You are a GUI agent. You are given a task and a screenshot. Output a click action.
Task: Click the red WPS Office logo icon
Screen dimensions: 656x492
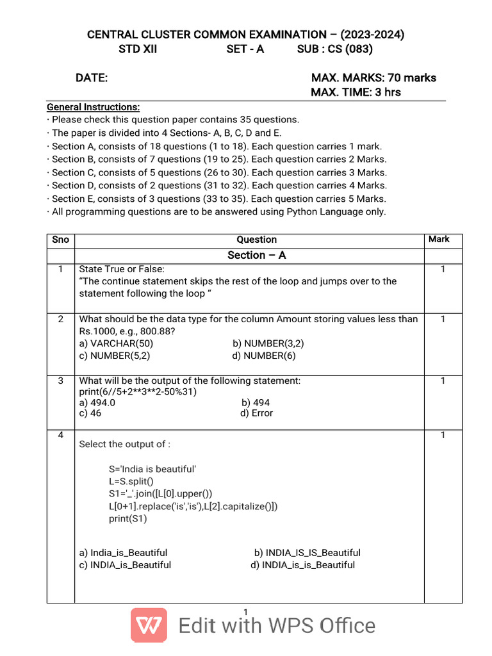coord(149,625)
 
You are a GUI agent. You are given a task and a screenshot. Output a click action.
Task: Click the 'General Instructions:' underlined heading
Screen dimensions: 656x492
coord(93,107)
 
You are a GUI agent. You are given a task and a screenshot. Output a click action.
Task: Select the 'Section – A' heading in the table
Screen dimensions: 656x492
coord(256,255)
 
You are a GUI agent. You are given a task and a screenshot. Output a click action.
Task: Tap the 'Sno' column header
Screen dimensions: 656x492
coord(60,240)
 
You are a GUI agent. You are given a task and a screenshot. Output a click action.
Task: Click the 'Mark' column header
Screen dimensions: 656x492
coord(439,239)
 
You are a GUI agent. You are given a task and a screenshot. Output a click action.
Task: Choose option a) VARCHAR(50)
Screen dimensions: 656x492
coord(115,343)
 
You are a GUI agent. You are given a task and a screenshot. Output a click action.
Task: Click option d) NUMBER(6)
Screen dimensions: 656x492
coord(264,356)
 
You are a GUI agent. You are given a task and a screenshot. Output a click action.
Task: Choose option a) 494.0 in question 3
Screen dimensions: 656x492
coord(97,403)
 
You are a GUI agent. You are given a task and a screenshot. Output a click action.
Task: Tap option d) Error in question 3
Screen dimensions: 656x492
coord(256,413)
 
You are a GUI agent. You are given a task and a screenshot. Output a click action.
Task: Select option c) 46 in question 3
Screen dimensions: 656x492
coord(90,413)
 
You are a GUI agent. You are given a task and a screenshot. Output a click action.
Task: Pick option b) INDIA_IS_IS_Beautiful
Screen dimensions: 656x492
coord(307,552)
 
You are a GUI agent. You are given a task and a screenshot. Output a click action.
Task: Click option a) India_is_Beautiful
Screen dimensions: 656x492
coord(123,552)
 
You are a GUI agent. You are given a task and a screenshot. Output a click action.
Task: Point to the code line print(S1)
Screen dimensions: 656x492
coord(127,518)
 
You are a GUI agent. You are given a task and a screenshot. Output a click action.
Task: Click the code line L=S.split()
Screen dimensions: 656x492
coord(131,481)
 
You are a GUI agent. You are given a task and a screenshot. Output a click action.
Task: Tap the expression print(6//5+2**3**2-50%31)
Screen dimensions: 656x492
coord(138,391)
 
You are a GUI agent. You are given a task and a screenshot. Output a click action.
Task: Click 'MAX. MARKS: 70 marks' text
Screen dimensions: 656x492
coord(373,78)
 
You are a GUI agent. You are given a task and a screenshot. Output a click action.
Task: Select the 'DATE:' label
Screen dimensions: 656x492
coord(92,78)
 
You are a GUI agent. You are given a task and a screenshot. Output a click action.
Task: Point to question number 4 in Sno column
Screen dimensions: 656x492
coord(60,435)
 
